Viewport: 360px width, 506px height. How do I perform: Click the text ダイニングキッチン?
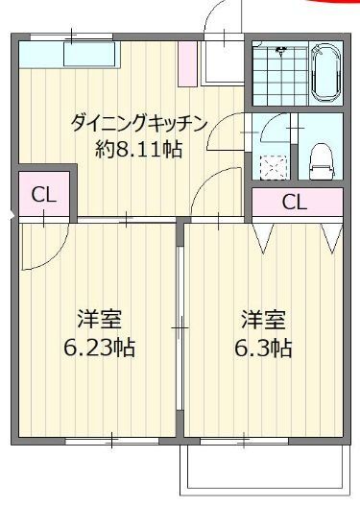pos(138,123)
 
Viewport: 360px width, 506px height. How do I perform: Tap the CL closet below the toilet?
pos(296,202)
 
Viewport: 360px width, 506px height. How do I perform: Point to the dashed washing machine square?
pos(274,164)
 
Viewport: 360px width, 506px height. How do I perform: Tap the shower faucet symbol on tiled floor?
pos(282,52)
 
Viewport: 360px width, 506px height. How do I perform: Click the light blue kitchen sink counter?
pos(67,54)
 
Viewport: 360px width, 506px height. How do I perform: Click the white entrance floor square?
pos(223,62)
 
